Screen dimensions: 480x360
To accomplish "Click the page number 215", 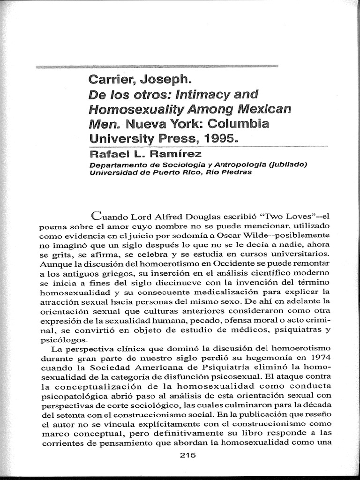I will coord(187,454).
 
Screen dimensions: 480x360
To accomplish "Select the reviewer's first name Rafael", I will coord(110,154).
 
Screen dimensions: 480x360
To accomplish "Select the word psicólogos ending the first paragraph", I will coord(57,339).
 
